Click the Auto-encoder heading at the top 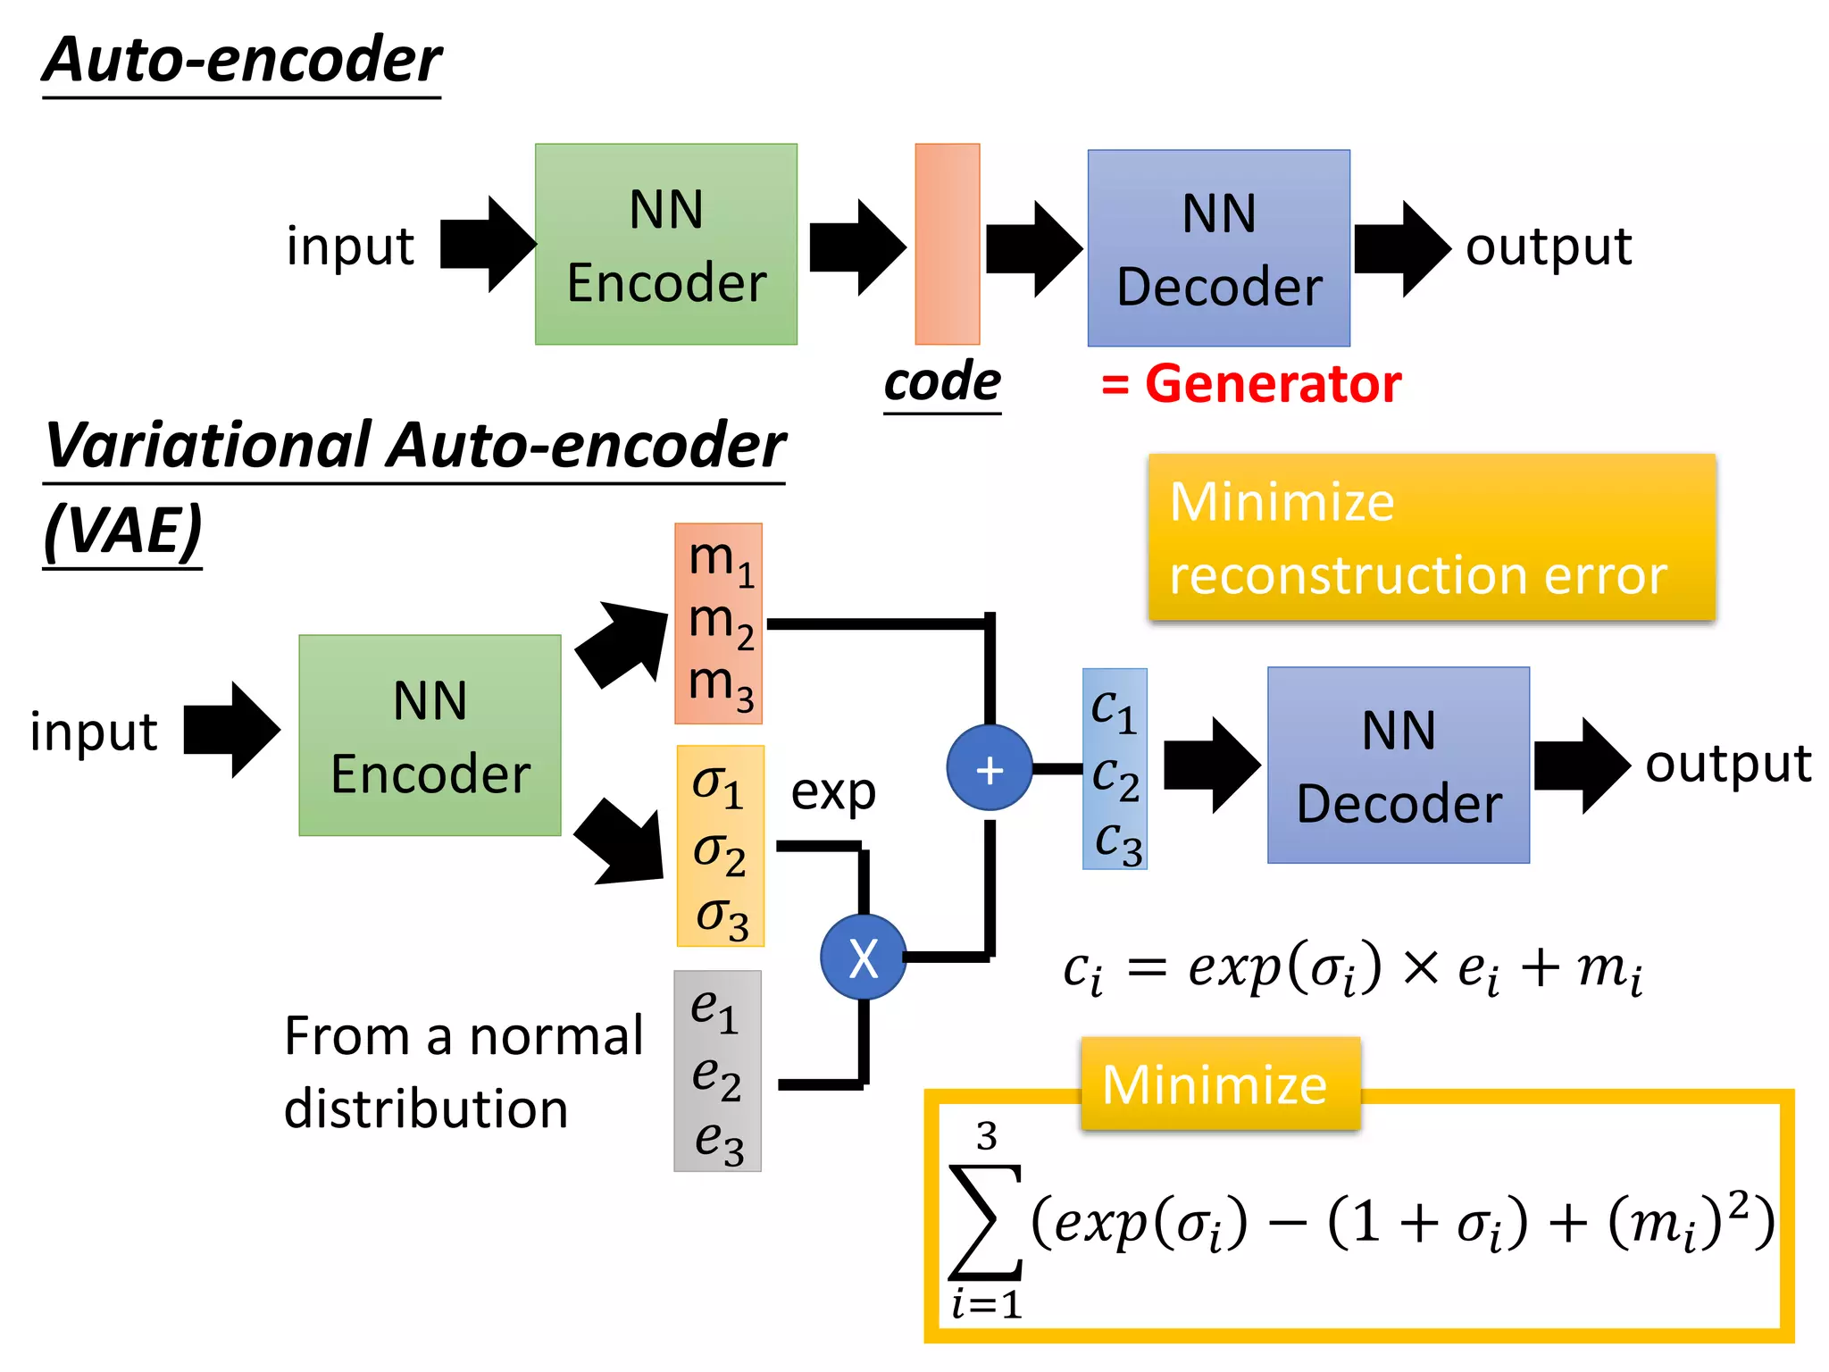[x=242, y=61]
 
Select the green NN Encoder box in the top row [x=665, y=245]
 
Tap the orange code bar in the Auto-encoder [x=947, y=244]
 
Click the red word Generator [x=1272, y=384]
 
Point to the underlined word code [x=942, y=382]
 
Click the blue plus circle [x=989, y=769]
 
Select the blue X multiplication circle [x=863, y=958]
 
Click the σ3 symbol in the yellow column [x=721, y=917]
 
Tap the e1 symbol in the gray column [x=714, y=1010]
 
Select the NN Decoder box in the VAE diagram [x=1398, y=765]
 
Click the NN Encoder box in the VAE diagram [x=430, y=736]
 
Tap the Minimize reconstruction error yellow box [x=1431, y=538]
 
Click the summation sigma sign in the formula [x=985, y=1222]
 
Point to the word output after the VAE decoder [x=1728, y=765]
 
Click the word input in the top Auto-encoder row [x=350, y=247]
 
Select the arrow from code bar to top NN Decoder [x=1033, y=248]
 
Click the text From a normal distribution [x=463, y=1072]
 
